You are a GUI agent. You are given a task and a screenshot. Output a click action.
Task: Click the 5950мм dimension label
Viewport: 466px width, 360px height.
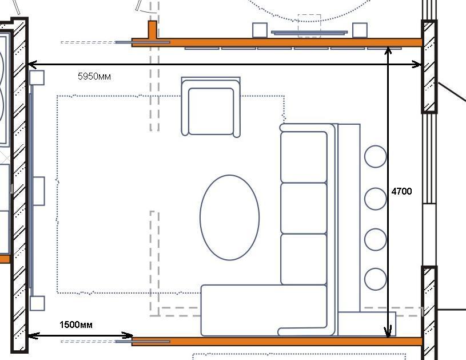94,77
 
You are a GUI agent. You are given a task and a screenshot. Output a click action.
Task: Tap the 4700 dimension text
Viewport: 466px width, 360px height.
401,191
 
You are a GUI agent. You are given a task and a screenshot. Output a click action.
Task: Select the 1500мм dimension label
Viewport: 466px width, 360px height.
76,325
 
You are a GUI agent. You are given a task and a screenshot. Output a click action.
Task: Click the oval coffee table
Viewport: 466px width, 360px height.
229,217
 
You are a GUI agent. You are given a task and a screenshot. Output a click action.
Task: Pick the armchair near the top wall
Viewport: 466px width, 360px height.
211,107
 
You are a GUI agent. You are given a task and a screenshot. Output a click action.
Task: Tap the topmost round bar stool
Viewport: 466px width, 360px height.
375,156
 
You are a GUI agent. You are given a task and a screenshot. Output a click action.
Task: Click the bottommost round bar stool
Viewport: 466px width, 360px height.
375,279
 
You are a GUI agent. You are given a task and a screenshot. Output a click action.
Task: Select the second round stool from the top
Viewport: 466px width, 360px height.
375,199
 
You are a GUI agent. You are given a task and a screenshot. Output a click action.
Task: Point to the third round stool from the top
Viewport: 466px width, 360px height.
375,239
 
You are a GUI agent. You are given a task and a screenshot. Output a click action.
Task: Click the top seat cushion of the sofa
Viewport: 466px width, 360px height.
304,157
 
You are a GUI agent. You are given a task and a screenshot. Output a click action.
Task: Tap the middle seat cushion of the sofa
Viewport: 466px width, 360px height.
304,208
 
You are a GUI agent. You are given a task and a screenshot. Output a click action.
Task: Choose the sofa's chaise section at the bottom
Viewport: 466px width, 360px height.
264,310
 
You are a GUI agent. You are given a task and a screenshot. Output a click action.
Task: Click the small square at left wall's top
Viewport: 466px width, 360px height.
37,78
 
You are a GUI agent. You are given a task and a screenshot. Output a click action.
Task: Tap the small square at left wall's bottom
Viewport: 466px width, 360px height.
37,303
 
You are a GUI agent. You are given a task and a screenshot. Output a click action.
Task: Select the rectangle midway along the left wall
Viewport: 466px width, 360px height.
39,191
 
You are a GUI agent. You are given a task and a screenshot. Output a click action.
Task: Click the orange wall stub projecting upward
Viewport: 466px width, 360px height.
153,30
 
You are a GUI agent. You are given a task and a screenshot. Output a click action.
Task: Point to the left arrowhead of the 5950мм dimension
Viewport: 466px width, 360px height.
32,64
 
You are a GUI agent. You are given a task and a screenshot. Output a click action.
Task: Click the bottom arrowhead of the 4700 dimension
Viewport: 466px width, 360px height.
388,332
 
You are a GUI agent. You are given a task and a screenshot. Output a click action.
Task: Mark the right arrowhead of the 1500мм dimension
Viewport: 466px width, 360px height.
128,335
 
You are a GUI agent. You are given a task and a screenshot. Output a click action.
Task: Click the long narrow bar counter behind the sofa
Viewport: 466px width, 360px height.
349,218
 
